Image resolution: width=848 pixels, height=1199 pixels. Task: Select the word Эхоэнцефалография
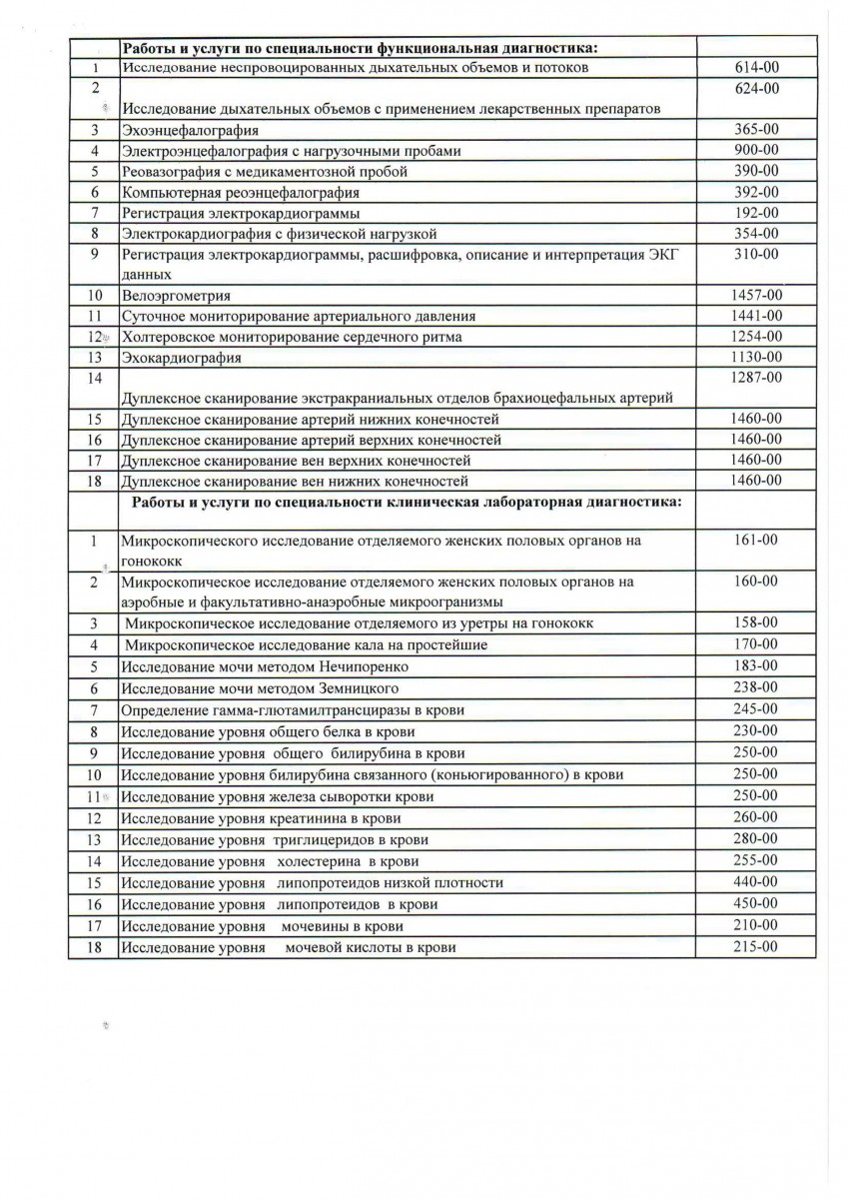(x=184, y=130)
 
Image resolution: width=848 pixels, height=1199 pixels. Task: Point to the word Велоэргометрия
(x=176, y=296)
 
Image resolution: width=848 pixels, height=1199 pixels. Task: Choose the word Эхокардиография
(x=181, y=357)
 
